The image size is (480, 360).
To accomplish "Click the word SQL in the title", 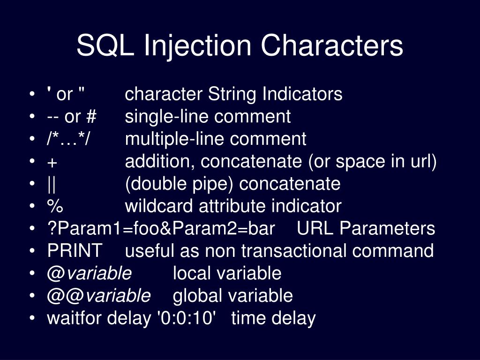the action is (x=105, y=45).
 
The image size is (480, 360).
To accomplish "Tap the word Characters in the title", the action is (x=332, y=45).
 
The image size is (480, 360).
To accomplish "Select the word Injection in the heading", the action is (x=197, y=46).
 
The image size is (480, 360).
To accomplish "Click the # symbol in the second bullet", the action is (x=91, y=116).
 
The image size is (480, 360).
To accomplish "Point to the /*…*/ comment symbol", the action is (x=68, y=139).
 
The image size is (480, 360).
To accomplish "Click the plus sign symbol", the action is (x=52, y=162).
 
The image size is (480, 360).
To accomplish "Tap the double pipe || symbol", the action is (x=52, y=184).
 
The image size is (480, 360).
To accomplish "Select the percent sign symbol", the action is (x=55, y=206).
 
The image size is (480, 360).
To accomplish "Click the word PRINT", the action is (x=75, y=251).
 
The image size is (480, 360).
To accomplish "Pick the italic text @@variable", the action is (x=98, y=296).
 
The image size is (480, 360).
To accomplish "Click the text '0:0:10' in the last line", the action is (x=187, y=317).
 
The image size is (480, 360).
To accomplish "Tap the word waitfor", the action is (x=75, y=317).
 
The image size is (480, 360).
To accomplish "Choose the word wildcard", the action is (x=159, y=206).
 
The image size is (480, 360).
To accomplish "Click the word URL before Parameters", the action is (x=315, y=228).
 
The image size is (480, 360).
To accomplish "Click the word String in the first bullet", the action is (x=232, y=94).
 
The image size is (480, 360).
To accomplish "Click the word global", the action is (x=197, y=296).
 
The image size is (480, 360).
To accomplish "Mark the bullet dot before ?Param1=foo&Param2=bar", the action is (x=32, y=228).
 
